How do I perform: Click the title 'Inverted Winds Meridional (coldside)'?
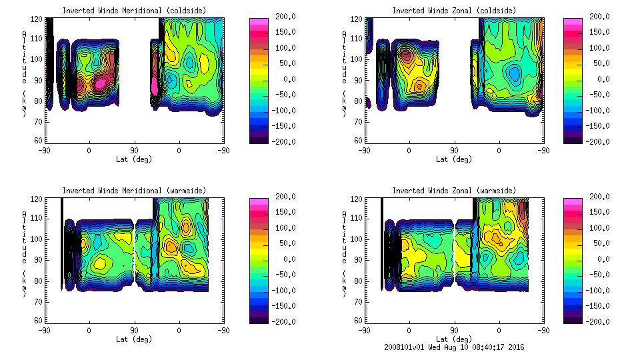click(x=133, y=10)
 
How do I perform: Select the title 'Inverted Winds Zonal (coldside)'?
click(x=454, y=10)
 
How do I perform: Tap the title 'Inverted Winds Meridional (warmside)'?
click(x=135, y=191)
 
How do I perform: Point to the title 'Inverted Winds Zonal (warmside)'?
click(x=454, y=191)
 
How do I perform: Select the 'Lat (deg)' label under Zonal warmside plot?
click(x=454, y=339)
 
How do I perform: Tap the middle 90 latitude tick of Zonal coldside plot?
click(x=454, y=150)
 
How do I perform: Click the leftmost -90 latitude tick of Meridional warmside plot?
click(x=44, y=330)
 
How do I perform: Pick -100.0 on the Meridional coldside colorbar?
click(x=285, y=110)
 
